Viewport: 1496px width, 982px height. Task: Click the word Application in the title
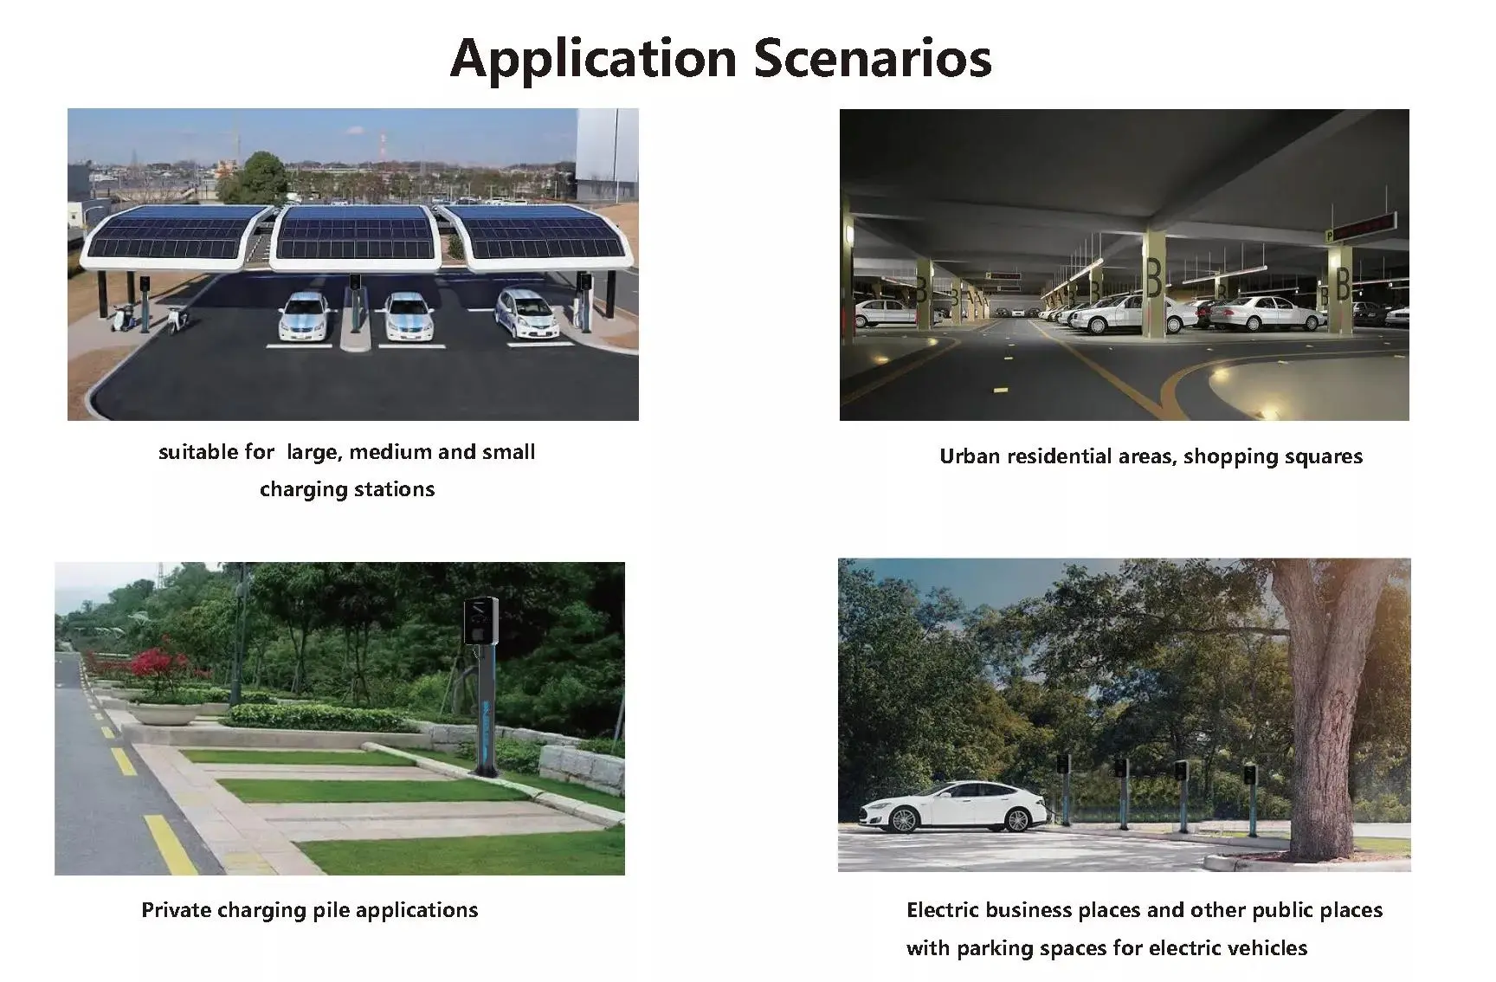pos(593,59)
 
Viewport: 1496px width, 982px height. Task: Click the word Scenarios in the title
pos(873,58)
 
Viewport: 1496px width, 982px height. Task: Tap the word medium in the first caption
pos(390,451)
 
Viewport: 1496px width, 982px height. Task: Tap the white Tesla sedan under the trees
pos(955,806)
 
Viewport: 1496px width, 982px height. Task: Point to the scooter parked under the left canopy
pos(124,316)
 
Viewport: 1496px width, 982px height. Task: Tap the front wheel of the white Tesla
pos(903,819)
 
